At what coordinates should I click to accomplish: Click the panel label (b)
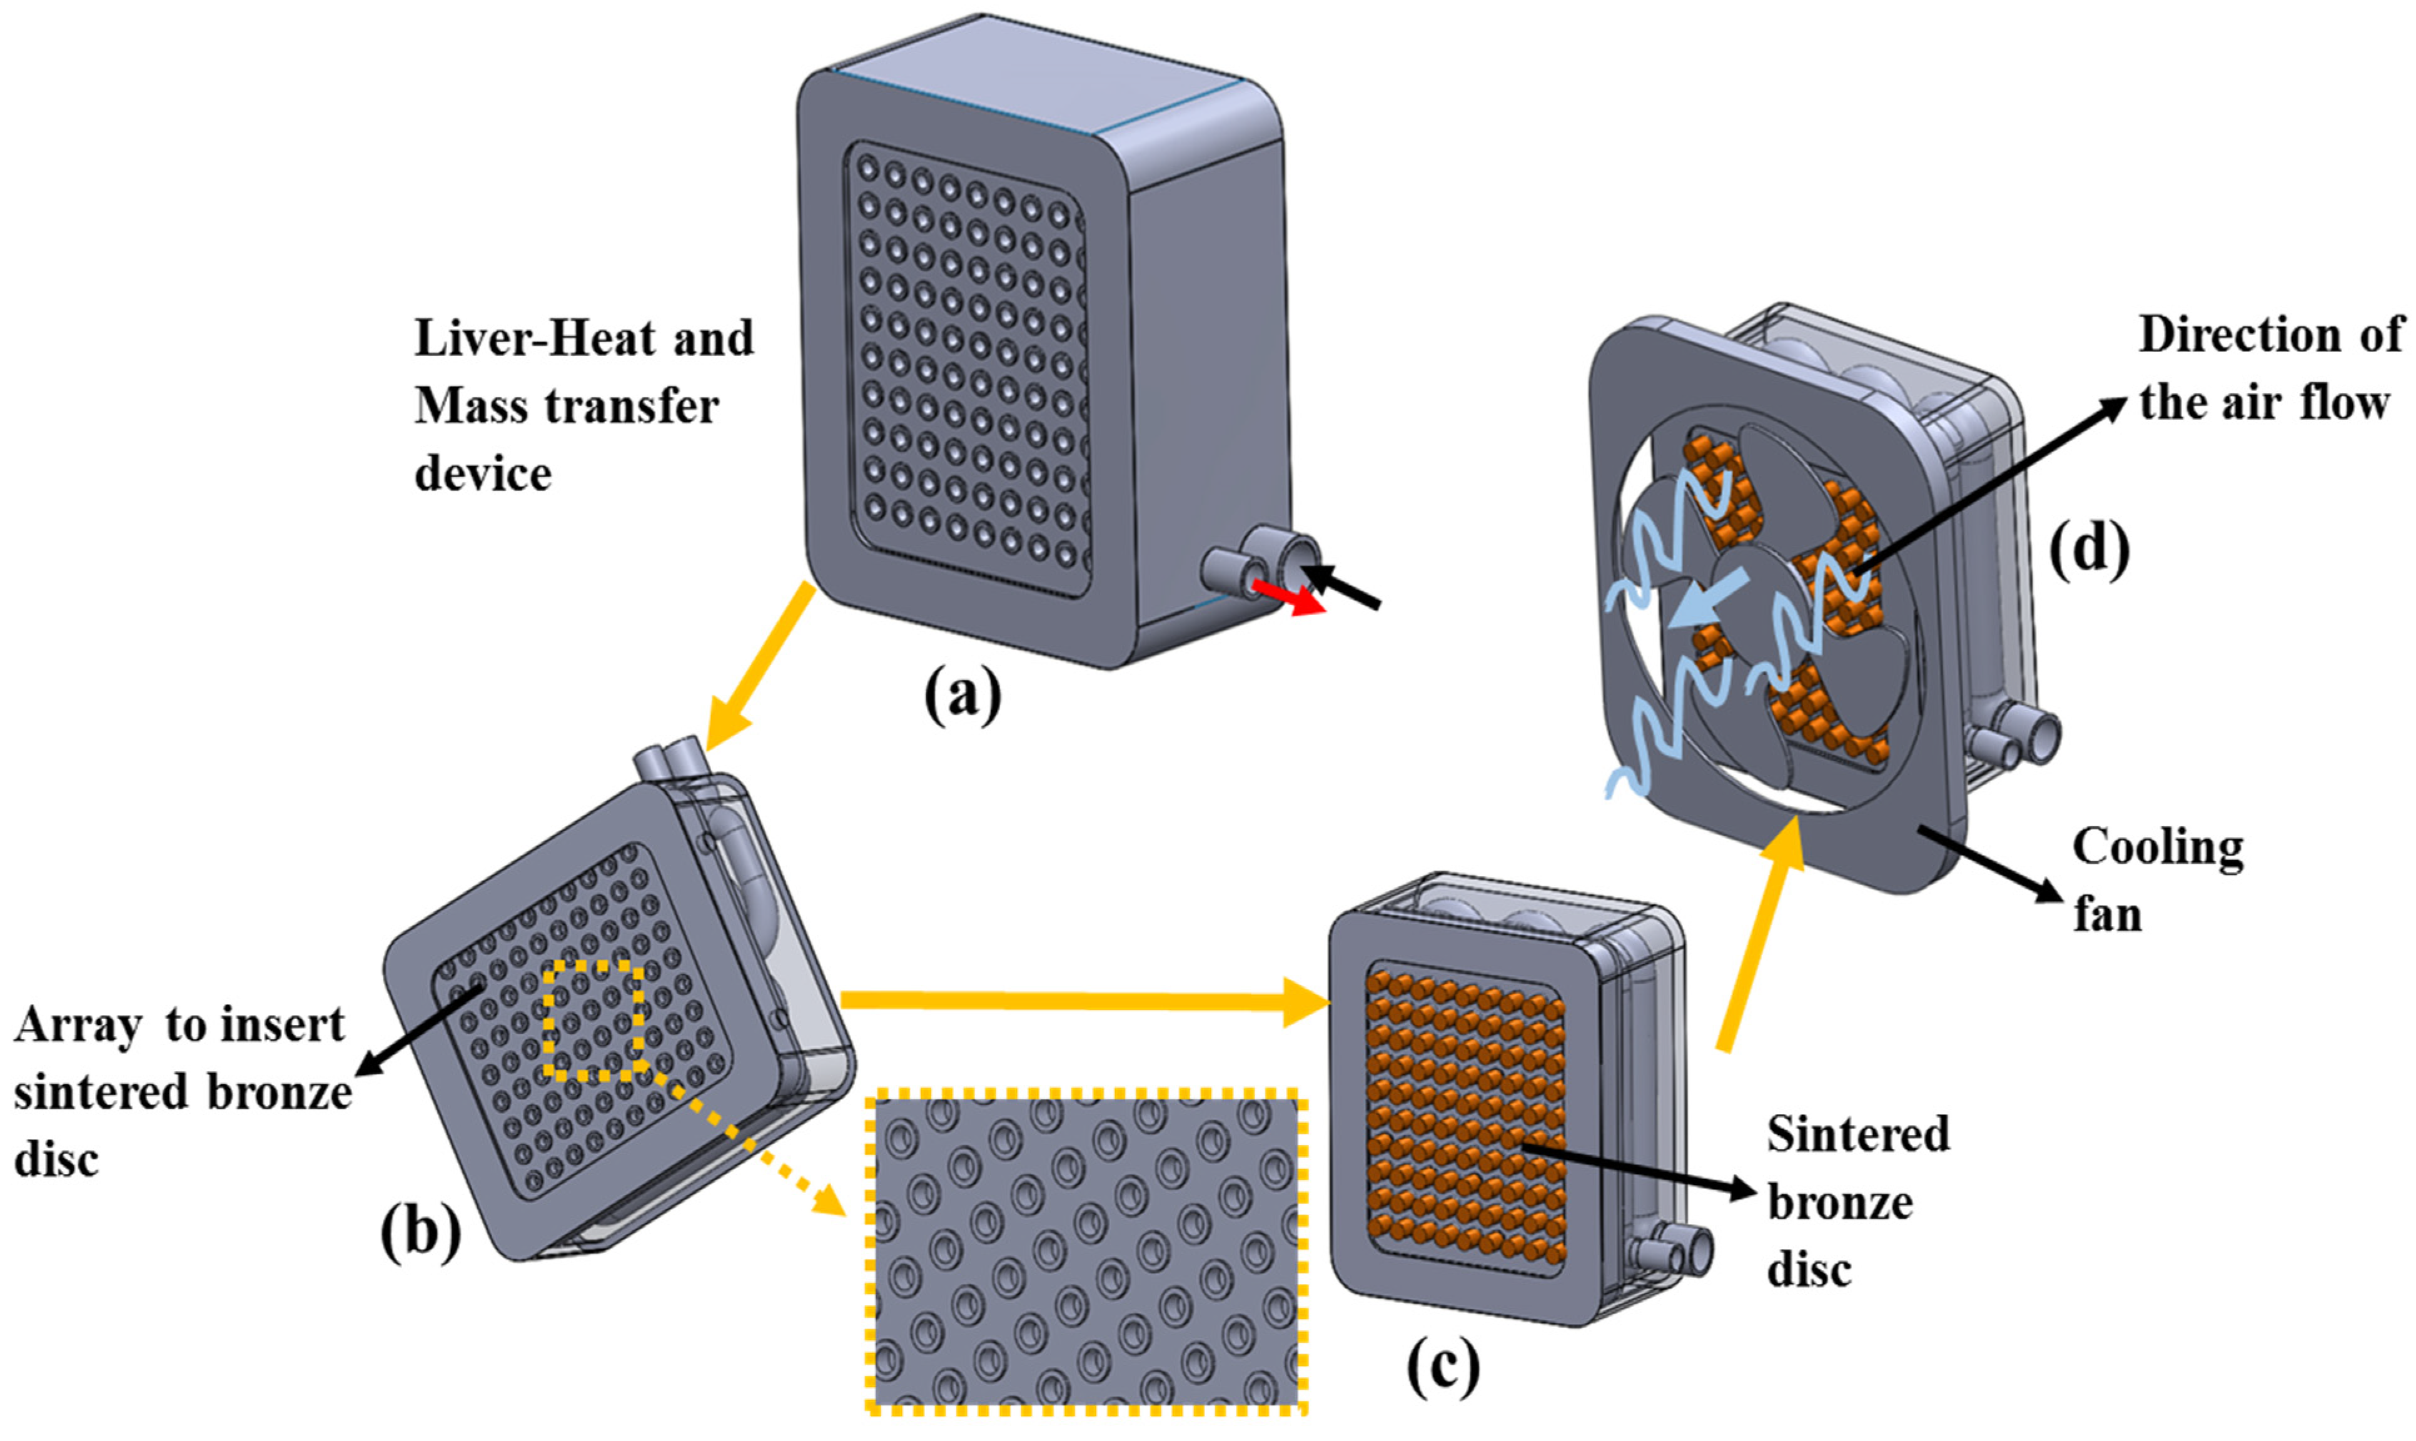point(420,1233)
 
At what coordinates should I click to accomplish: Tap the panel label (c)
point(1443,1367)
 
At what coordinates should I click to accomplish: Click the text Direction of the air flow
point(2267,369)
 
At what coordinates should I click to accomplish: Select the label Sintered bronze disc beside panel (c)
point(1855,1202)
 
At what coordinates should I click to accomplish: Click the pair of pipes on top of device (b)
point(672,756)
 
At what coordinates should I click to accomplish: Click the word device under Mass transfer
point(483,475)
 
